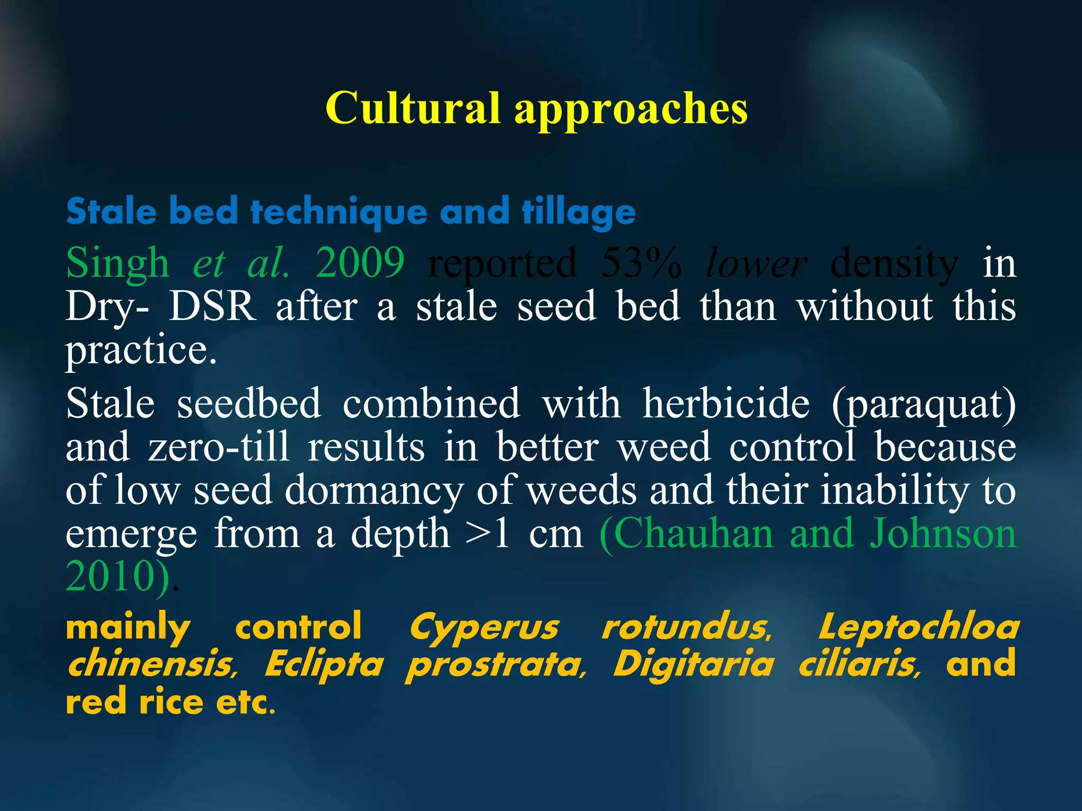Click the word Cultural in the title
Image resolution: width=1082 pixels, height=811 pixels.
[x=413, y=108]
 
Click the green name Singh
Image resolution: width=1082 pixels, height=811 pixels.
[x=117, y=263]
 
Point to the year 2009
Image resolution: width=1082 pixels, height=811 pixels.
[x=360, y=262]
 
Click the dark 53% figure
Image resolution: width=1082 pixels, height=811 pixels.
[x=641, y=263]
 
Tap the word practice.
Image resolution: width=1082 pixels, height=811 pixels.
[x=141, y=350]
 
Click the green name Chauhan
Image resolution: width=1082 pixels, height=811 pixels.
[x=687, y=534]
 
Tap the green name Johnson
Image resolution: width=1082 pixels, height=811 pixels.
[x=943, y=534]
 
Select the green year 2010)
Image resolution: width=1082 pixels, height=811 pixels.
[x=118, y=577]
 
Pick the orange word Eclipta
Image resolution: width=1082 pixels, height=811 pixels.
[x=323, y=665]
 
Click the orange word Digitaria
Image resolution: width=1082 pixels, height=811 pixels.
[x=693, y=665]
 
